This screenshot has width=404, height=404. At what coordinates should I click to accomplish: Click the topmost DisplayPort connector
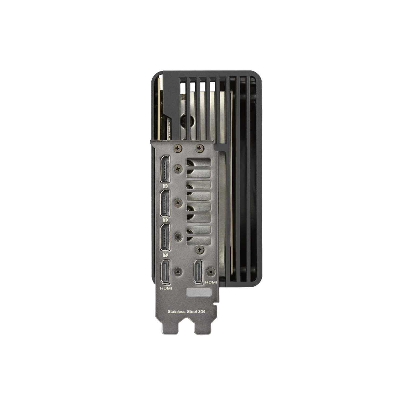165,169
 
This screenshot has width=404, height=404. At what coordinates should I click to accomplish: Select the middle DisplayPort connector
165,203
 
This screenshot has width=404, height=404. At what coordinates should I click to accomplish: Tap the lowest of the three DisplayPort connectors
165,237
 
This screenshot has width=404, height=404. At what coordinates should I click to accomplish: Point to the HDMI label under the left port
166,288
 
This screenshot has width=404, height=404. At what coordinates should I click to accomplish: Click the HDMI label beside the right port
211,282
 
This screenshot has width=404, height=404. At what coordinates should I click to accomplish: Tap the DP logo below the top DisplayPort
165,186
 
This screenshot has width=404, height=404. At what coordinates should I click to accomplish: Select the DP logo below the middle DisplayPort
165,220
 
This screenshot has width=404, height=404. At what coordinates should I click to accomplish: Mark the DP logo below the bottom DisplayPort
165,255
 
